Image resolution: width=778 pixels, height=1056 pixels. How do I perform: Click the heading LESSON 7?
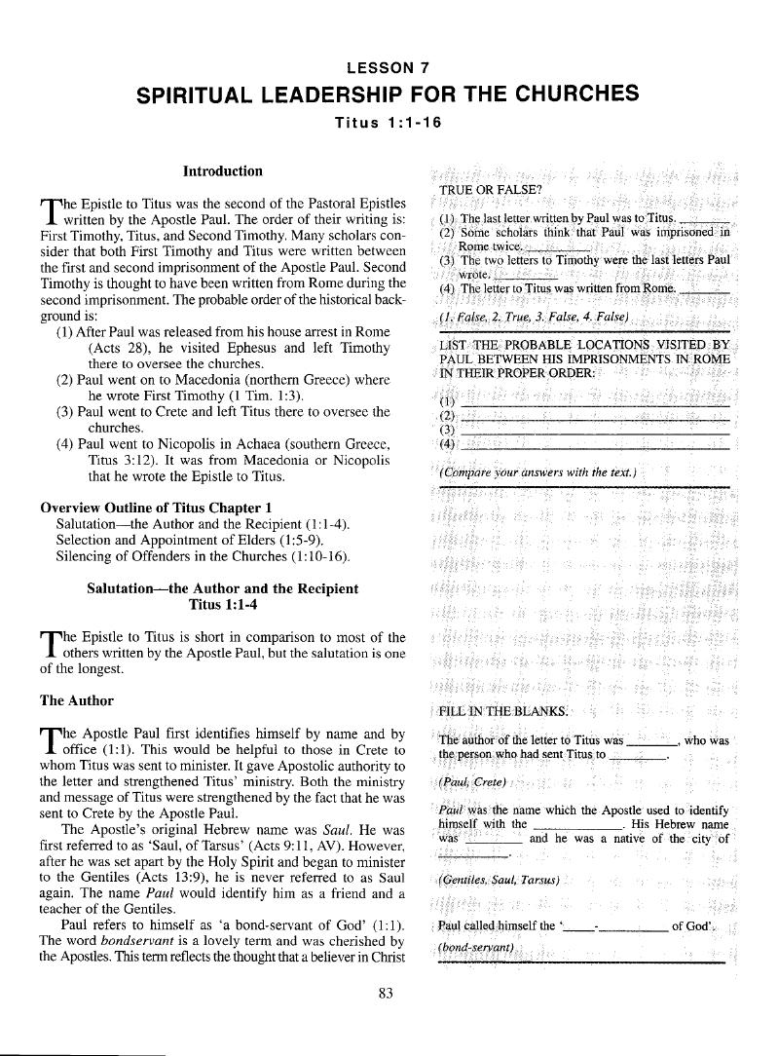tap(388, 66)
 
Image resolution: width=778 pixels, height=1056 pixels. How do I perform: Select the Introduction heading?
tap(223, 171)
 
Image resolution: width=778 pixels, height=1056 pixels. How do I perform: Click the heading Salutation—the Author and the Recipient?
tap(223, 588)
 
